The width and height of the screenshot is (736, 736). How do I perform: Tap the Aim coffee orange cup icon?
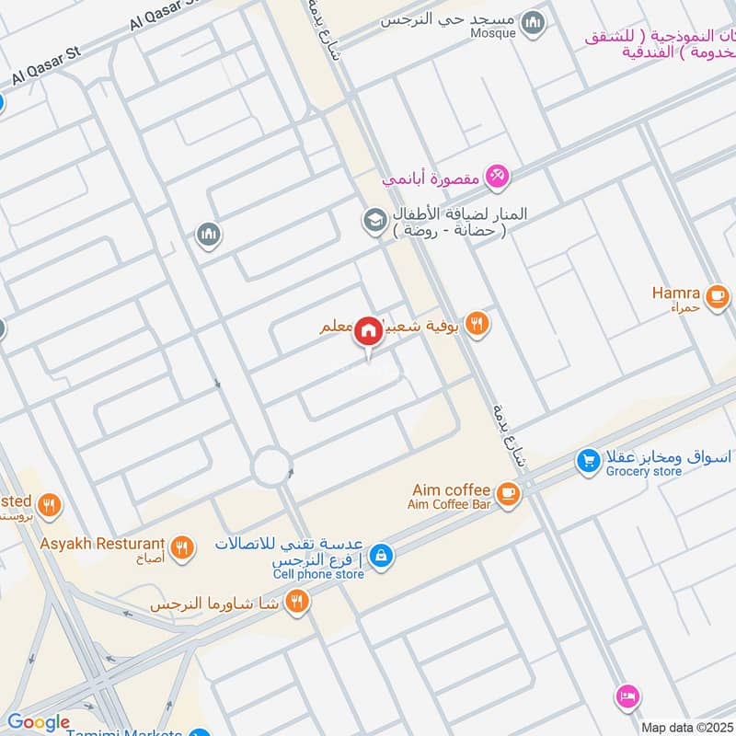(508, 495)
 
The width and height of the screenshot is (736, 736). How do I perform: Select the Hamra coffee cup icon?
(717, 297)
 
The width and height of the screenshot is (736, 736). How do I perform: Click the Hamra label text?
(676, 293)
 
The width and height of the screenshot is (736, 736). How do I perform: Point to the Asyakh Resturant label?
(102, 544)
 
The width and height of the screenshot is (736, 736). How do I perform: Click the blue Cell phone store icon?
(381, 556)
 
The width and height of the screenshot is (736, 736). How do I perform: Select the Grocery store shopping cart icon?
(588, 461)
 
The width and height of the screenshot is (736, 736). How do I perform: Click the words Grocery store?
(644, 471)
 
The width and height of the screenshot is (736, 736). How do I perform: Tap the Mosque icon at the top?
(533, 23)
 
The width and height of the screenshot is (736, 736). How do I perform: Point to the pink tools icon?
(497, 175)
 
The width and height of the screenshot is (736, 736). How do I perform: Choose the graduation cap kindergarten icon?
(374, 220)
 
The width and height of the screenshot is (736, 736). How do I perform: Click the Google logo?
(39, 722)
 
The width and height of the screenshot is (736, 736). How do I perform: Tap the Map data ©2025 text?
(687, 728)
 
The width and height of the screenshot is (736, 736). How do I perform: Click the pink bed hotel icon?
(627, 696)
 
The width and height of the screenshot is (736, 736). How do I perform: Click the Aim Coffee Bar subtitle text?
(451, 505)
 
